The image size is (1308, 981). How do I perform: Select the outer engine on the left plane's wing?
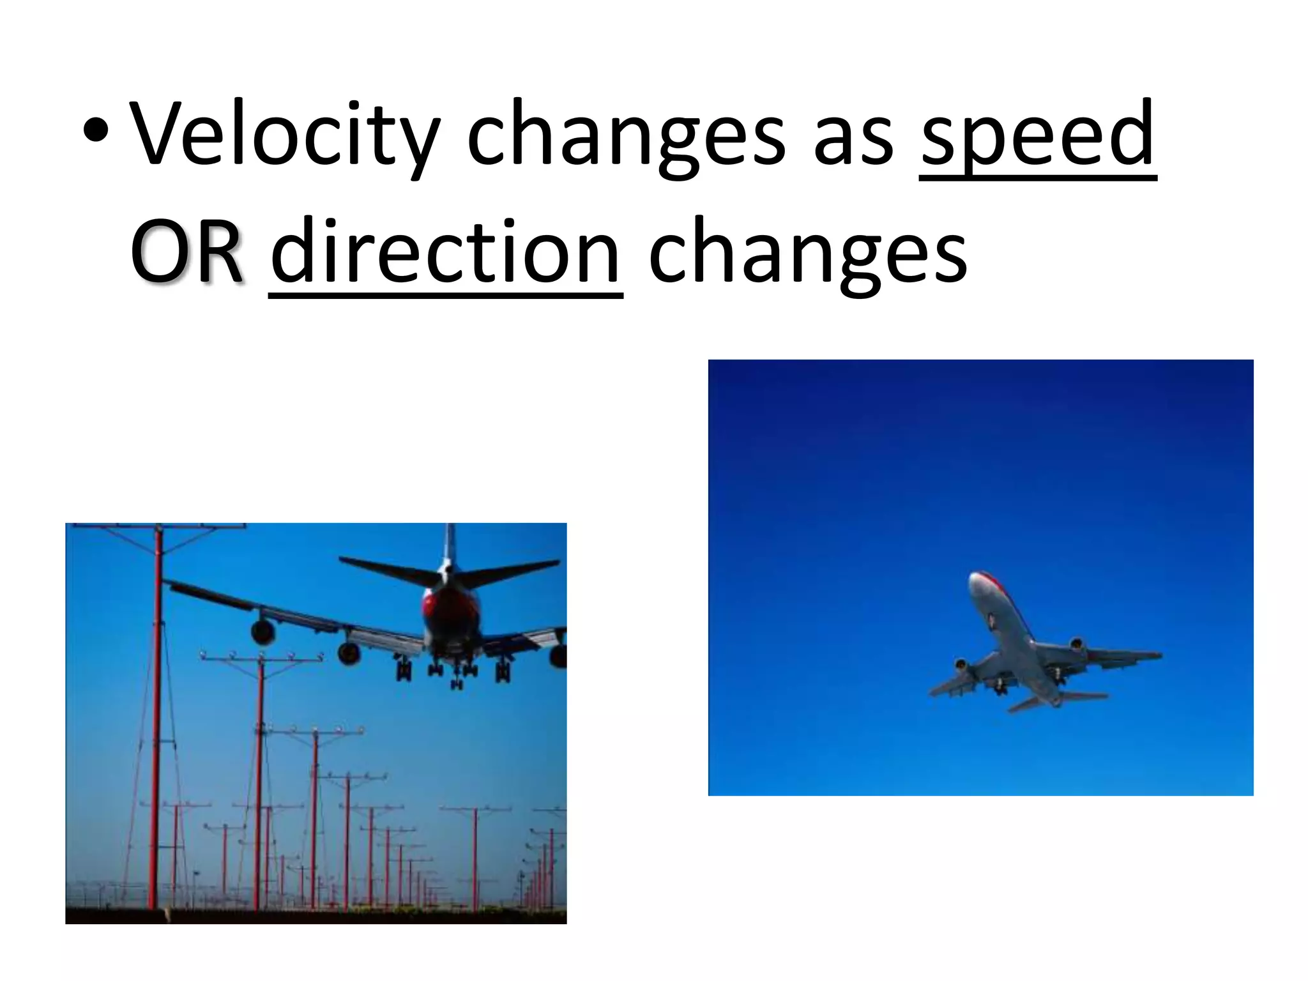262,631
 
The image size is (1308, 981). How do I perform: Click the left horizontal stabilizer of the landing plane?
383,568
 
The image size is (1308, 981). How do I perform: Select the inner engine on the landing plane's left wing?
349,653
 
